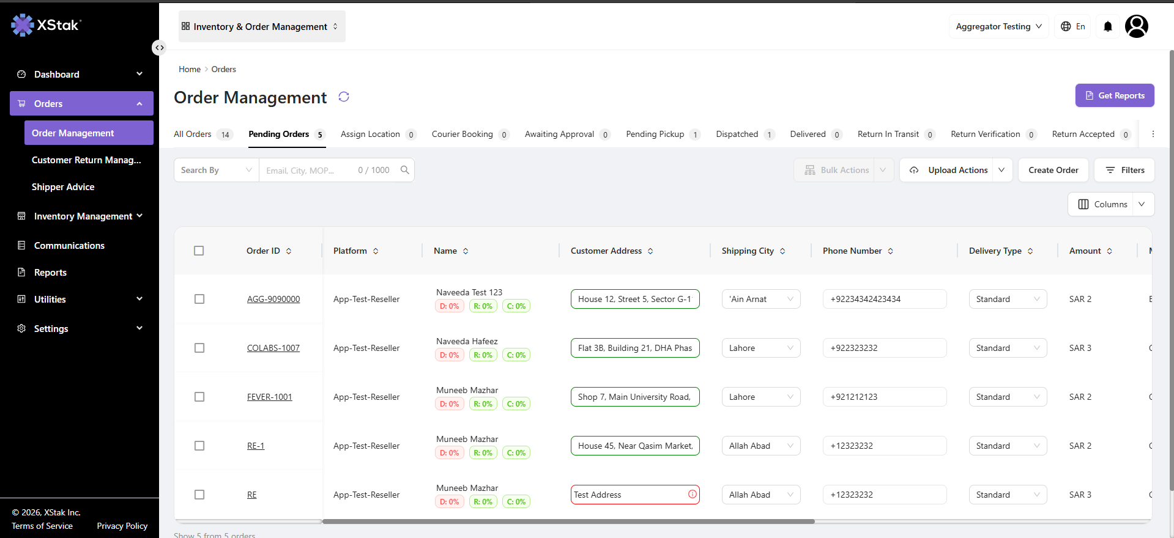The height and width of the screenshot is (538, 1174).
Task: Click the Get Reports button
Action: click(1115, 95)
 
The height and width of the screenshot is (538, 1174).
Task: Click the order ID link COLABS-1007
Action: click(273, 348)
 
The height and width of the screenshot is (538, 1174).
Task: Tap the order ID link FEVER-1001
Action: click(270, 397)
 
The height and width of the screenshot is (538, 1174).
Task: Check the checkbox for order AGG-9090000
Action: click(199, 299)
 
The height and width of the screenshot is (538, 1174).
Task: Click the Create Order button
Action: click(1053, 170)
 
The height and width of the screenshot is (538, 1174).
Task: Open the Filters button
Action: click(1124, 170)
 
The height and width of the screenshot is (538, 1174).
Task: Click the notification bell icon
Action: click(1108, 26)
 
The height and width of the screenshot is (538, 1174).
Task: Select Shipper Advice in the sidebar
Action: click(63, 187)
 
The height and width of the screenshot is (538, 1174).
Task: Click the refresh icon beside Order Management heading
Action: click(344, 97)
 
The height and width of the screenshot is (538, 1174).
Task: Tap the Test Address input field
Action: click(635, 495)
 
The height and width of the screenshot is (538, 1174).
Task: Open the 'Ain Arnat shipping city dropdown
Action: click(761, 299)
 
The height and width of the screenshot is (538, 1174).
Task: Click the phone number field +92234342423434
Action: click(885, 299)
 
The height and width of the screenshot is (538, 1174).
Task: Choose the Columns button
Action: click(1111, 204)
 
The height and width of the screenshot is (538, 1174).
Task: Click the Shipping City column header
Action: click(748, 251)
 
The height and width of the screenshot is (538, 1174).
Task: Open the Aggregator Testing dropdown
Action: click(999, 26)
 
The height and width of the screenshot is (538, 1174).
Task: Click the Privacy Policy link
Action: click(122, 526)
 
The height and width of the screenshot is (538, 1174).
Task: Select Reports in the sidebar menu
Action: click(50, 273)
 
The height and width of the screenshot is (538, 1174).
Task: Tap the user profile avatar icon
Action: click(1137, 26)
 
